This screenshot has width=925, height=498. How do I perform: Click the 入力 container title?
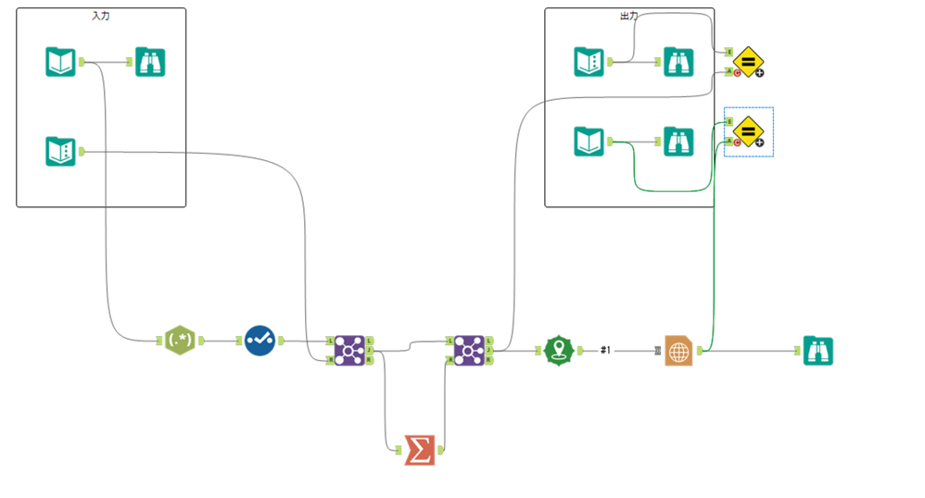tap(101, 16)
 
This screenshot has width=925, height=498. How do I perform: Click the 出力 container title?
tap(628, 16)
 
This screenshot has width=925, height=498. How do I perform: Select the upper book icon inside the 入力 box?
tap(60, 62)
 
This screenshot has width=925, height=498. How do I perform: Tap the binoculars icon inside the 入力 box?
tap(150, 62)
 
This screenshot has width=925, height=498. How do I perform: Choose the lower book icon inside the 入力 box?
tap(60, 151)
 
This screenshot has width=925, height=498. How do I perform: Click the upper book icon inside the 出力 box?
tap(589, 62)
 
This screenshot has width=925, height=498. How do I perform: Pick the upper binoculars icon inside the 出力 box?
tap(678, 62)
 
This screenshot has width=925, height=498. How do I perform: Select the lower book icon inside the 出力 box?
tap(589, 142)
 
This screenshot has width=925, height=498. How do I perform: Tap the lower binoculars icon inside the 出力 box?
tap(678, 142)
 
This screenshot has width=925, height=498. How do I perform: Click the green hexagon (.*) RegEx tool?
tap(179, 341)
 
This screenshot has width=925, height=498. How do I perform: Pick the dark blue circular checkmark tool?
tap(260, 341)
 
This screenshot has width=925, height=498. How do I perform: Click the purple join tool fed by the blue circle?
tap(349, 351)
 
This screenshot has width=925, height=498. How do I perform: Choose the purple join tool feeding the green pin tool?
tap(469, 351)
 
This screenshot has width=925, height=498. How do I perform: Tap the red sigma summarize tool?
tap(419, 450)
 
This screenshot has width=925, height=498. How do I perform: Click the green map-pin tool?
tap(558, 351)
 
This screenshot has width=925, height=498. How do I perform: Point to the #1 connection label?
tap(605, 351)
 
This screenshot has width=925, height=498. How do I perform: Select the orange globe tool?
tap(678, 352)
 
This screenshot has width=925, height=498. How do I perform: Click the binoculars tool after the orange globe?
tap(817, 351)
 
